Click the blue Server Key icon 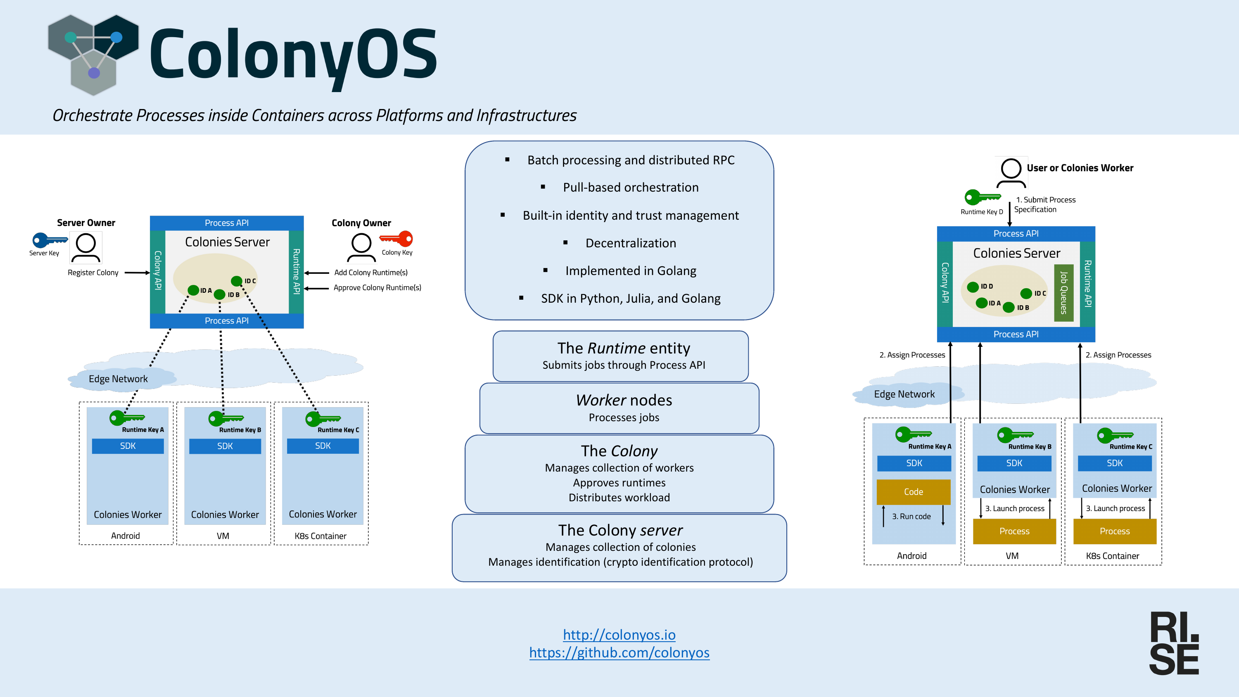click(x=50, y=239)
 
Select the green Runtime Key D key click(x=983, y=197)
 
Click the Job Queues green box click(x=1063, y=292)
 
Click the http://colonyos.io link click(x=619, y=635)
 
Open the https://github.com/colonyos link click(x=619, y=652)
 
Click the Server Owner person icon click(x=86, y=248)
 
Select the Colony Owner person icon click(x=361, y=248)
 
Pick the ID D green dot click(x=973, y=287)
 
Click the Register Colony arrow click(x=138, y=273)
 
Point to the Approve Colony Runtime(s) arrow click(x=316, y=288)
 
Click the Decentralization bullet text click(x=631, y=243)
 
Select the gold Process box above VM click(x=1014, y=531)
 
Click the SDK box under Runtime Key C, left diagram click(x=323, y=446)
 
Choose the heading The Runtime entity click(x=623, y=348)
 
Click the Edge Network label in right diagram click(x=904, y=394)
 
